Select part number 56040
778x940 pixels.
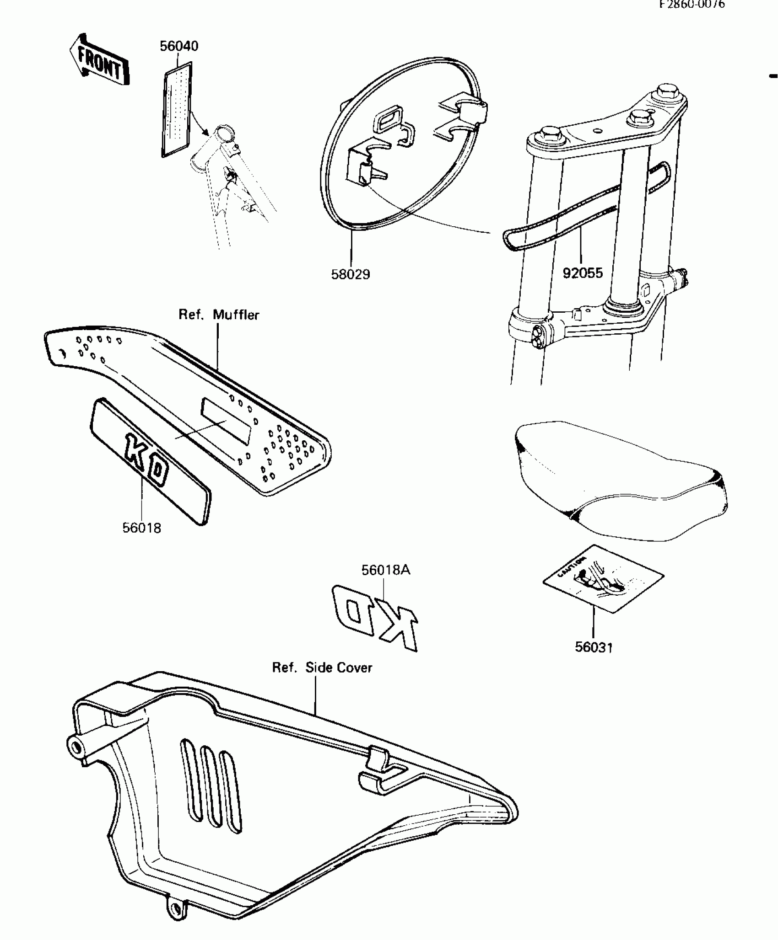pos(179,46)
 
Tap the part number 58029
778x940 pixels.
pos(351,274)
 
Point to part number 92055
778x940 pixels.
pos(583,273)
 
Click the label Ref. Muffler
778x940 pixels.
pos(219,315)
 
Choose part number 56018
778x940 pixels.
pos(142,528)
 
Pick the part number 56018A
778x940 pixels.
pos(386,570)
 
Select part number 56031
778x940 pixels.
pos(594,647)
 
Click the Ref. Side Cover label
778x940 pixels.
pos(322,668)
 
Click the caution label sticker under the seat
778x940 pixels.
pos(603,578)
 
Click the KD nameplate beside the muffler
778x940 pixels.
pos(150,462)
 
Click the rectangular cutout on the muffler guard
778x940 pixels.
pos(227,421)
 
